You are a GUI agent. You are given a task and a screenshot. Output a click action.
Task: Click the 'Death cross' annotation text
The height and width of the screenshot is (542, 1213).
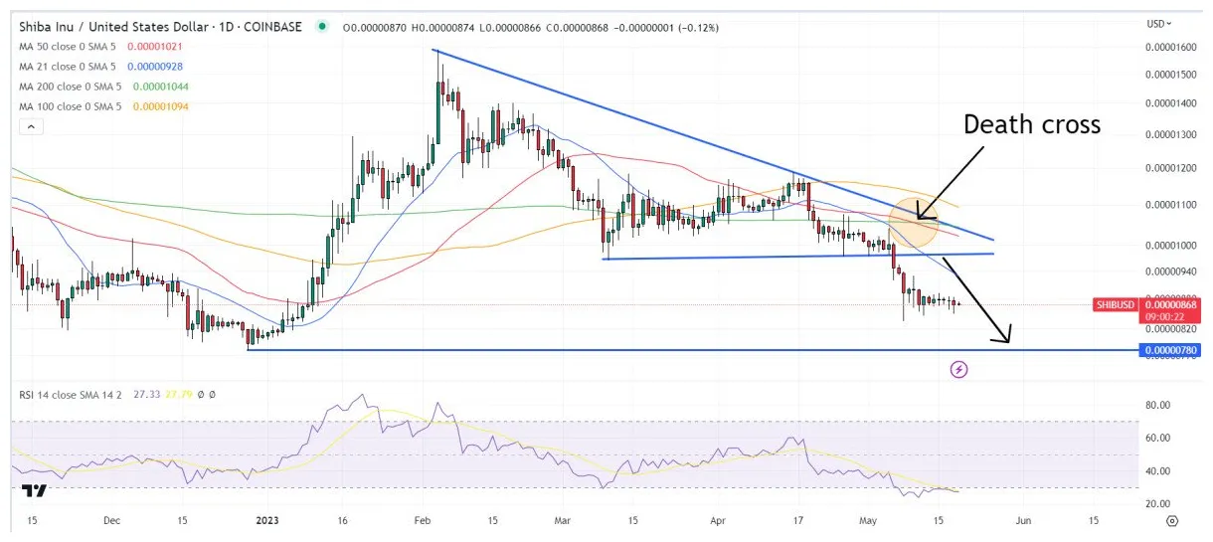(1031, 124)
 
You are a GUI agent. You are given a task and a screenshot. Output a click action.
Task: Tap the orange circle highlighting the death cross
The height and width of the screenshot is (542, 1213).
(914, 223)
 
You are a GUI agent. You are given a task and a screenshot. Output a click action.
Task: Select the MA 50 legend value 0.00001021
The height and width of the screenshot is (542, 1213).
(155, 47)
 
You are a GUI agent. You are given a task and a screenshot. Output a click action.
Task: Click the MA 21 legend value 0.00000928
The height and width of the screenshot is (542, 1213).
(155, 67)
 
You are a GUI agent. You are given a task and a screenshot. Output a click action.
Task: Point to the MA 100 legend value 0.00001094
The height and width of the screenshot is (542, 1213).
(161, 106)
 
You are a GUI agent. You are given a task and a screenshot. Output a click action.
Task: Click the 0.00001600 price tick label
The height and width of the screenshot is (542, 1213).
(1170, 47)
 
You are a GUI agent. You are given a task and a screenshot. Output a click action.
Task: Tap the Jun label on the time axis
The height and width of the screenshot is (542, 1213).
(1023, 520)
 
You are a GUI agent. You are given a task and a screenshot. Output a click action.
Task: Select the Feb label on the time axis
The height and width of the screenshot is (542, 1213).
(423, 520)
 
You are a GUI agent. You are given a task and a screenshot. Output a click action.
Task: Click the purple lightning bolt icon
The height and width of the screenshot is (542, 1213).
(958, 370)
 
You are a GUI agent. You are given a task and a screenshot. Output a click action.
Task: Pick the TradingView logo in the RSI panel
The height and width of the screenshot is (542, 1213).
(34, 492)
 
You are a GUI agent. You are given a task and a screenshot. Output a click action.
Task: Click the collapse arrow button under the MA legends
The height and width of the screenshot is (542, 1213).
(31, 127)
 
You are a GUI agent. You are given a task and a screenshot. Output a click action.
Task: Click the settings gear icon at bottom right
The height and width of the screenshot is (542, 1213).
(1172, 520)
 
